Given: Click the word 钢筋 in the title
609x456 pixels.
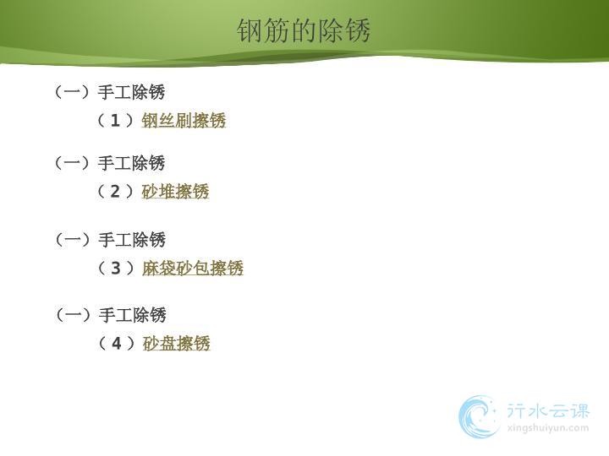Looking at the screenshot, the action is point(263,30).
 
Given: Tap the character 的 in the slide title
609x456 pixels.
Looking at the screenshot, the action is point(304,30).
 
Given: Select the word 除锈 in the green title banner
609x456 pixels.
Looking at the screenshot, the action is point(344,30).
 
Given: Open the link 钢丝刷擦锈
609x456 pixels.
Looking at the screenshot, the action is point(184,120).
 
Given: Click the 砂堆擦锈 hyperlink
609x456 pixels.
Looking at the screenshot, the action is point(175,191).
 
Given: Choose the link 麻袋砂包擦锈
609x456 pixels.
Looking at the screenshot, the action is point(193,268).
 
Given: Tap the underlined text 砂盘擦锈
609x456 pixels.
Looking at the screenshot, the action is point(176,343).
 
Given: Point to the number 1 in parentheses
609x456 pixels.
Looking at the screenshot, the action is point(115,121).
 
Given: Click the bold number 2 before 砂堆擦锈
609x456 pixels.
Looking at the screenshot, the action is point(115,192).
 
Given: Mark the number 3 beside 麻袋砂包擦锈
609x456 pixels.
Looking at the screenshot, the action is point(116,269).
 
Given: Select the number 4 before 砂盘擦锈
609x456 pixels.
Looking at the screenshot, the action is point(117,344).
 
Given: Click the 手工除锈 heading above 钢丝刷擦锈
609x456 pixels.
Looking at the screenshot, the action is point(131,92).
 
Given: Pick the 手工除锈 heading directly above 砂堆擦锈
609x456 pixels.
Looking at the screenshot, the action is point(131,163).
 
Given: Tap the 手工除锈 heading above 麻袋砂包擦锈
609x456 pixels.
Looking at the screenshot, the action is point(132,239).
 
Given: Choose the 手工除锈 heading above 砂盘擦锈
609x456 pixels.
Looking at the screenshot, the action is point(133,314).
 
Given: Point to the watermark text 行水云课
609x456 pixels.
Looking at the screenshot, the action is point(548,410).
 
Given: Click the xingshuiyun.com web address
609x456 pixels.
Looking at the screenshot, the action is point(548,428).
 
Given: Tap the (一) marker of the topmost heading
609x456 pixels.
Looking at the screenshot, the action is point(72,92).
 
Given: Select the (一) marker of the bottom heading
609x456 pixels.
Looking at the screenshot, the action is point(74,314).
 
